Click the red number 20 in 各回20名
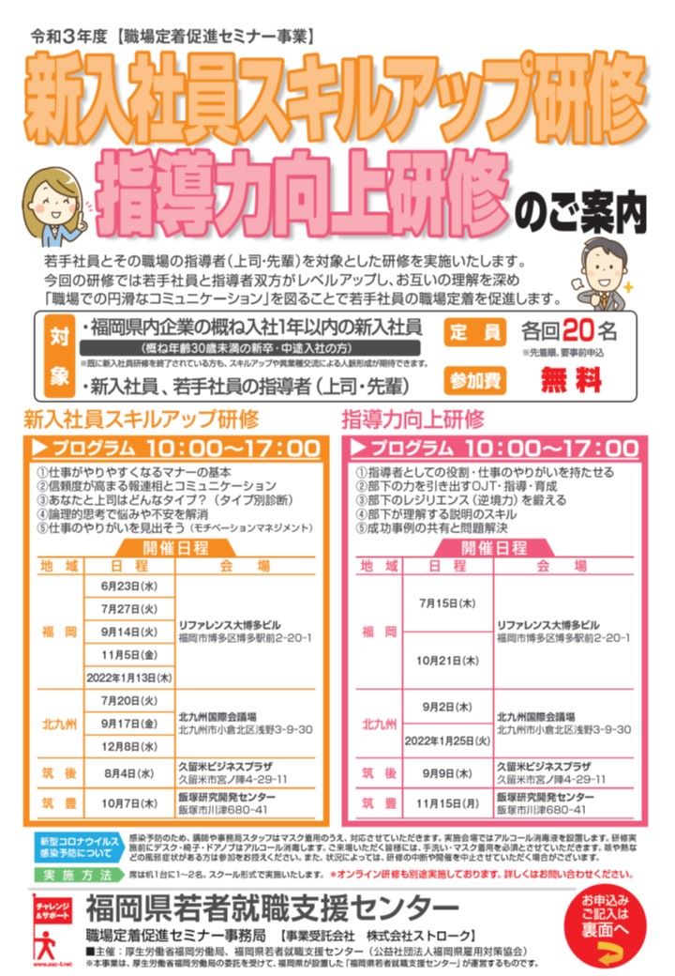[x=579, y=332]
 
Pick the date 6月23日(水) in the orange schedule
[x=127, y=586]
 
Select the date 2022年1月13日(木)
[x=127, y=677]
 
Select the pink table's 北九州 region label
[x=380, y=724]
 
